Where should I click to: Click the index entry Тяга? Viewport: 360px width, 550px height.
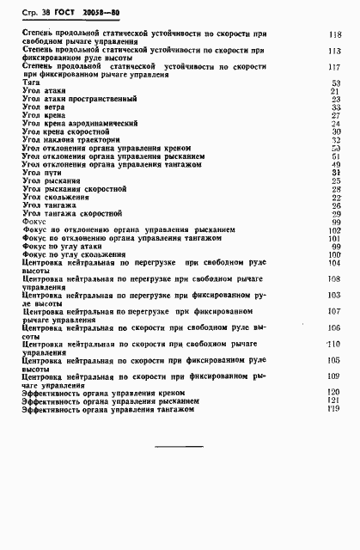(32, 82)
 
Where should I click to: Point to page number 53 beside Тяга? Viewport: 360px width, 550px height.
(336, 82)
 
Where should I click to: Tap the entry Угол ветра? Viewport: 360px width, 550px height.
(44, 107)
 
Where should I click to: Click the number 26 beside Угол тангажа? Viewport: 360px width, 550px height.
(336, 205)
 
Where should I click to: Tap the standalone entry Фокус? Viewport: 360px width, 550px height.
(34, 222)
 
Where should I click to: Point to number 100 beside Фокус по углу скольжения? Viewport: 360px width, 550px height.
(335, 254)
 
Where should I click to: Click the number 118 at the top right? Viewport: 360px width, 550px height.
(335, 34)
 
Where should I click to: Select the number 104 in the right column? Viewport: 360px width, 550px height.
(335, 263)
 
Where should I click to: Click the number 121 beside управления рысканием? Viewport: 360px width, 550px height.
(335, 401)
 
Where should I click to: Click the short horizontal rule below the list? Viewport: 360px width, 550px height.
(179, 447)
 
